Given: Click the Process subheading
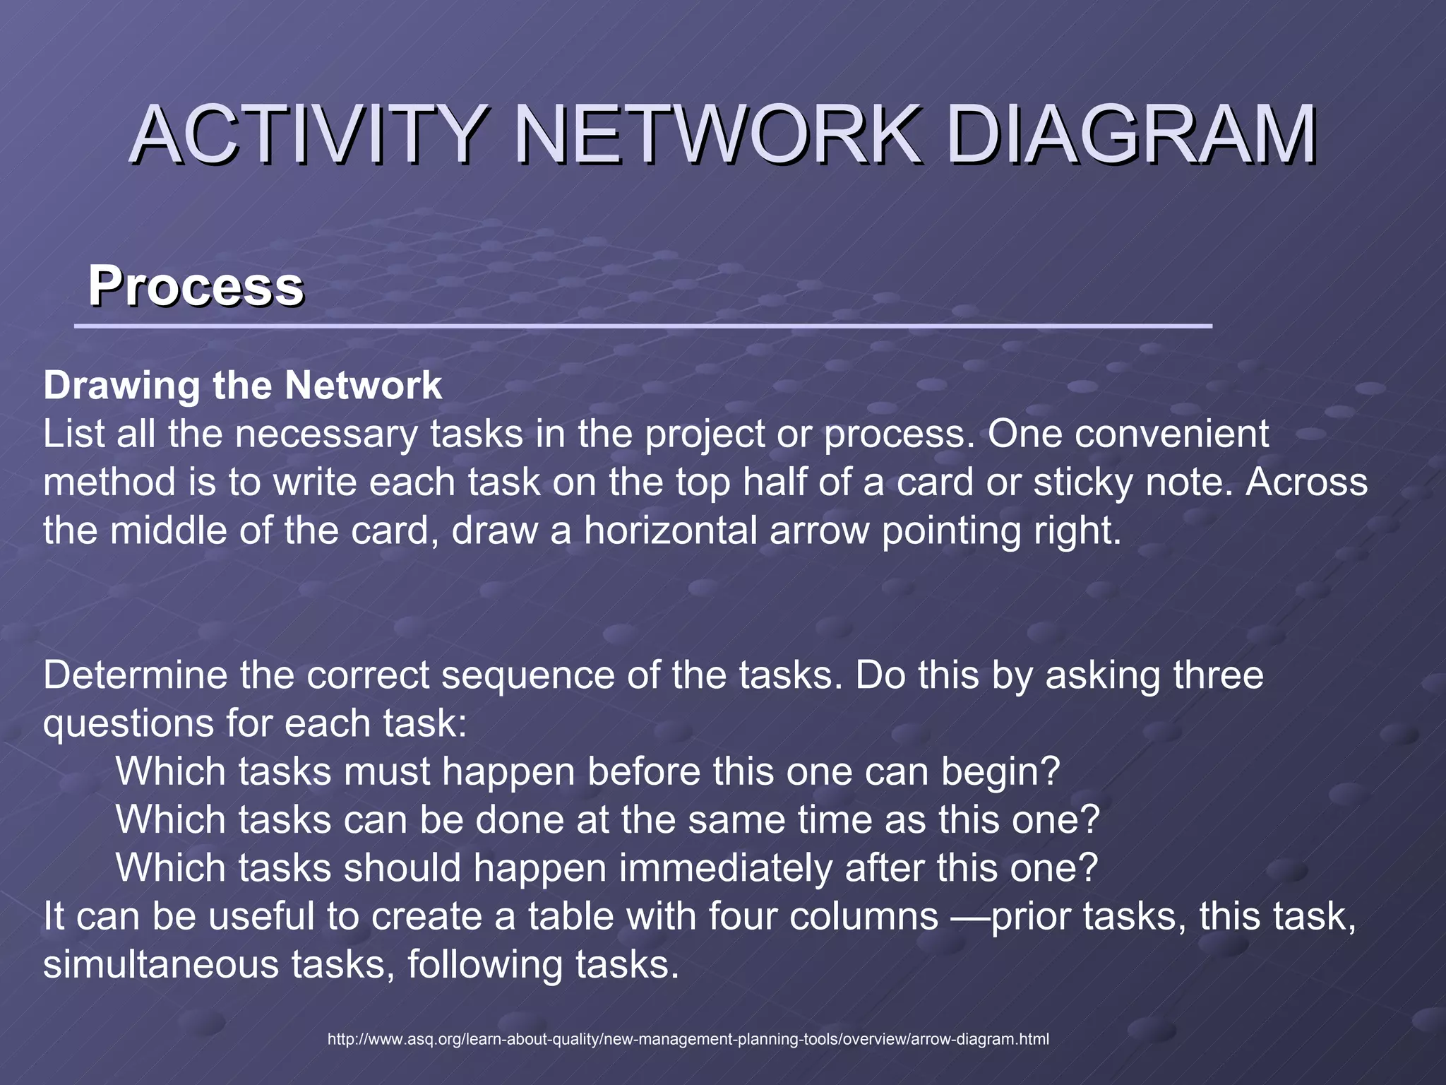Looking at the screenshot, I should coord(196,286).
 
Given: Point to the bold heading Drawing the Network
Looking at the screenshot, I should coord(243,386).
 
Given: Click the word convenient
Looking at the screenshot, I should coord(1171,434).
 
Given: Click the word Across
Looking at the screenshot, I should coord(1306,482).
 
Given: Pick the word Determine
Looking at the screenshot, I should coord(135,675).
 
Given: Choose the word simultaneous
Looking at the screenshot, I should coord(161,965).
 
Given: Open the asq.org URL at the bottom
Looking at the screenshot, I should coord(688,1039).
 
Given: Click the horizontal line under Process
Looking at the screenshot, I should coord(643,326).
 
